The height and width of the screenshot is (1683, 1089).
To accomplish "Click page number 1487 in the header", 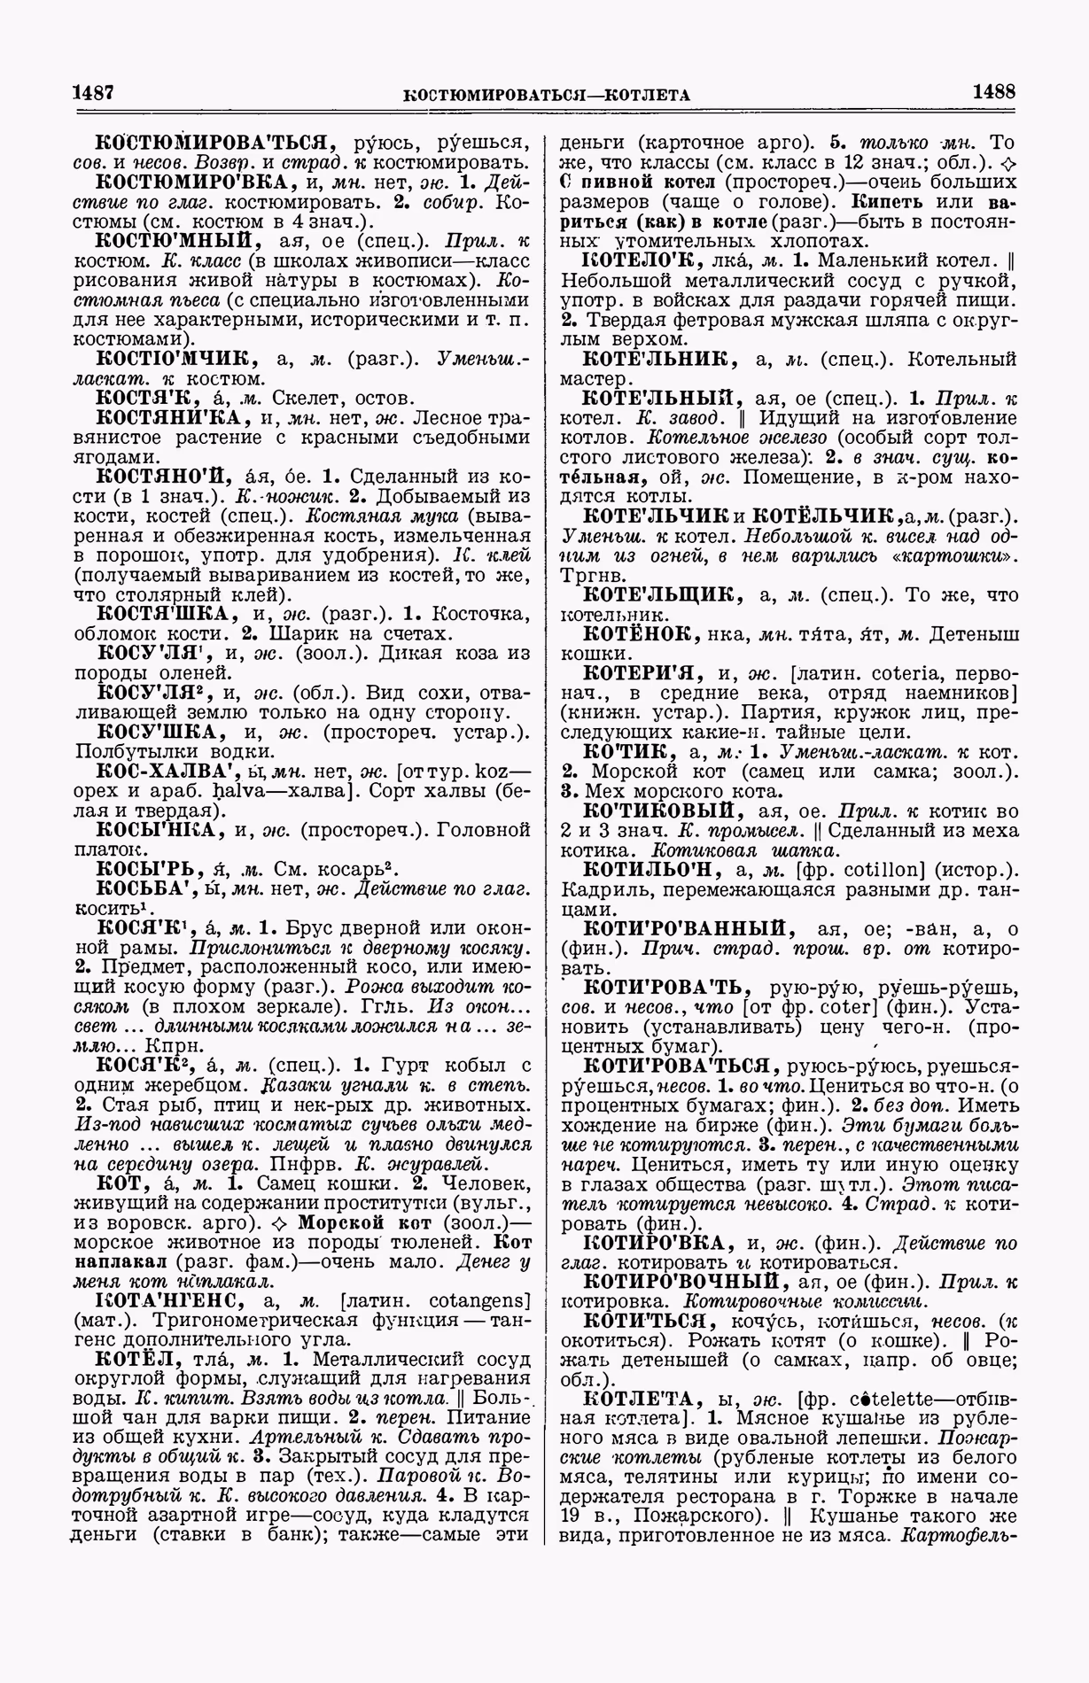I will [x=95, y=92].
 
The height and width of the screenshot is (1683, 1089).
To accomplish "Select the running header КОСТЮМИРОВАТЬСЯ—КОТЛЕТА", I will [x=546, y=94].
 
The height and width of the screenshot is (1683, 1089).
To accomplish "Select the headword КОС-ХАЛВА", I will [x=167, y=771].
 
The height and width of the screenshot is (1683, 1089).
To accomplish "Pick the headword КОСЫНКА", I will [x=156, y=829].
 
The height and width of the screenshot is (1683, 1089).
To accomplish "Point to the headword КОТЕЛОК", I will [x=640, y=261].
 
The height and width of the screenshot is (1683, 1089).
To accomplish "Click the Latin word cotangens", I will [x=479, y=1300].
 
